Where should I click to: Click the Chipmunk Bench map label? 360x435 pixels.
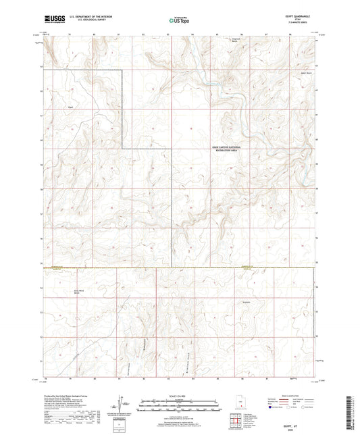235,41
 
